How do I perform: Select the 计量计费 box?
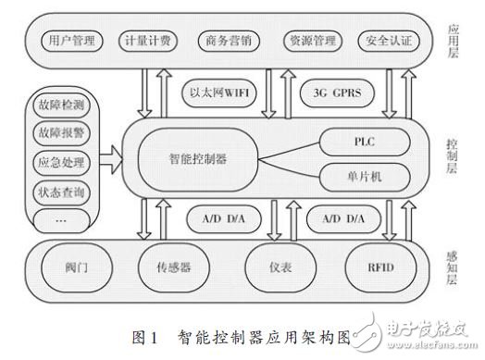tap(145, 43)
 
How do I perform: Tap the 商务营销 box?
tap(223, 43)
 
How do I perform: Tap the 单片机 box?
tap(362, 173)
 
